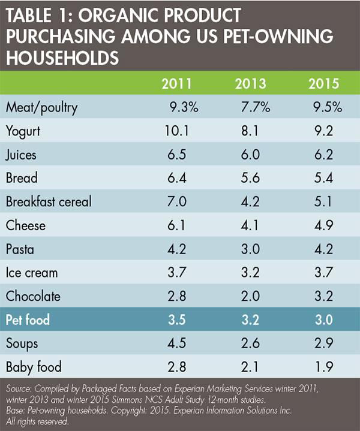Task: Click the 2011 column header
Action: click(178, 83)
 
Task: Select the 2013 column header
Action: click(252, 83)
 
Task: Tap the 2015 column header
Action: click(324, 83)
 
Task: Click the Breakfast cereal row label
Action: click(48, 201)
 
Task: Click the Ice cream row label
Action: click(31, 272)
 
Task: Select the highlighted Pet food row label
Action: click(28, 320)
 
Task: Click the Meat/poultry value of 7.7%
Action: click(255, 107)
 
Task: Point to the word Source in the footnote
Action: click(17, 388)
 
